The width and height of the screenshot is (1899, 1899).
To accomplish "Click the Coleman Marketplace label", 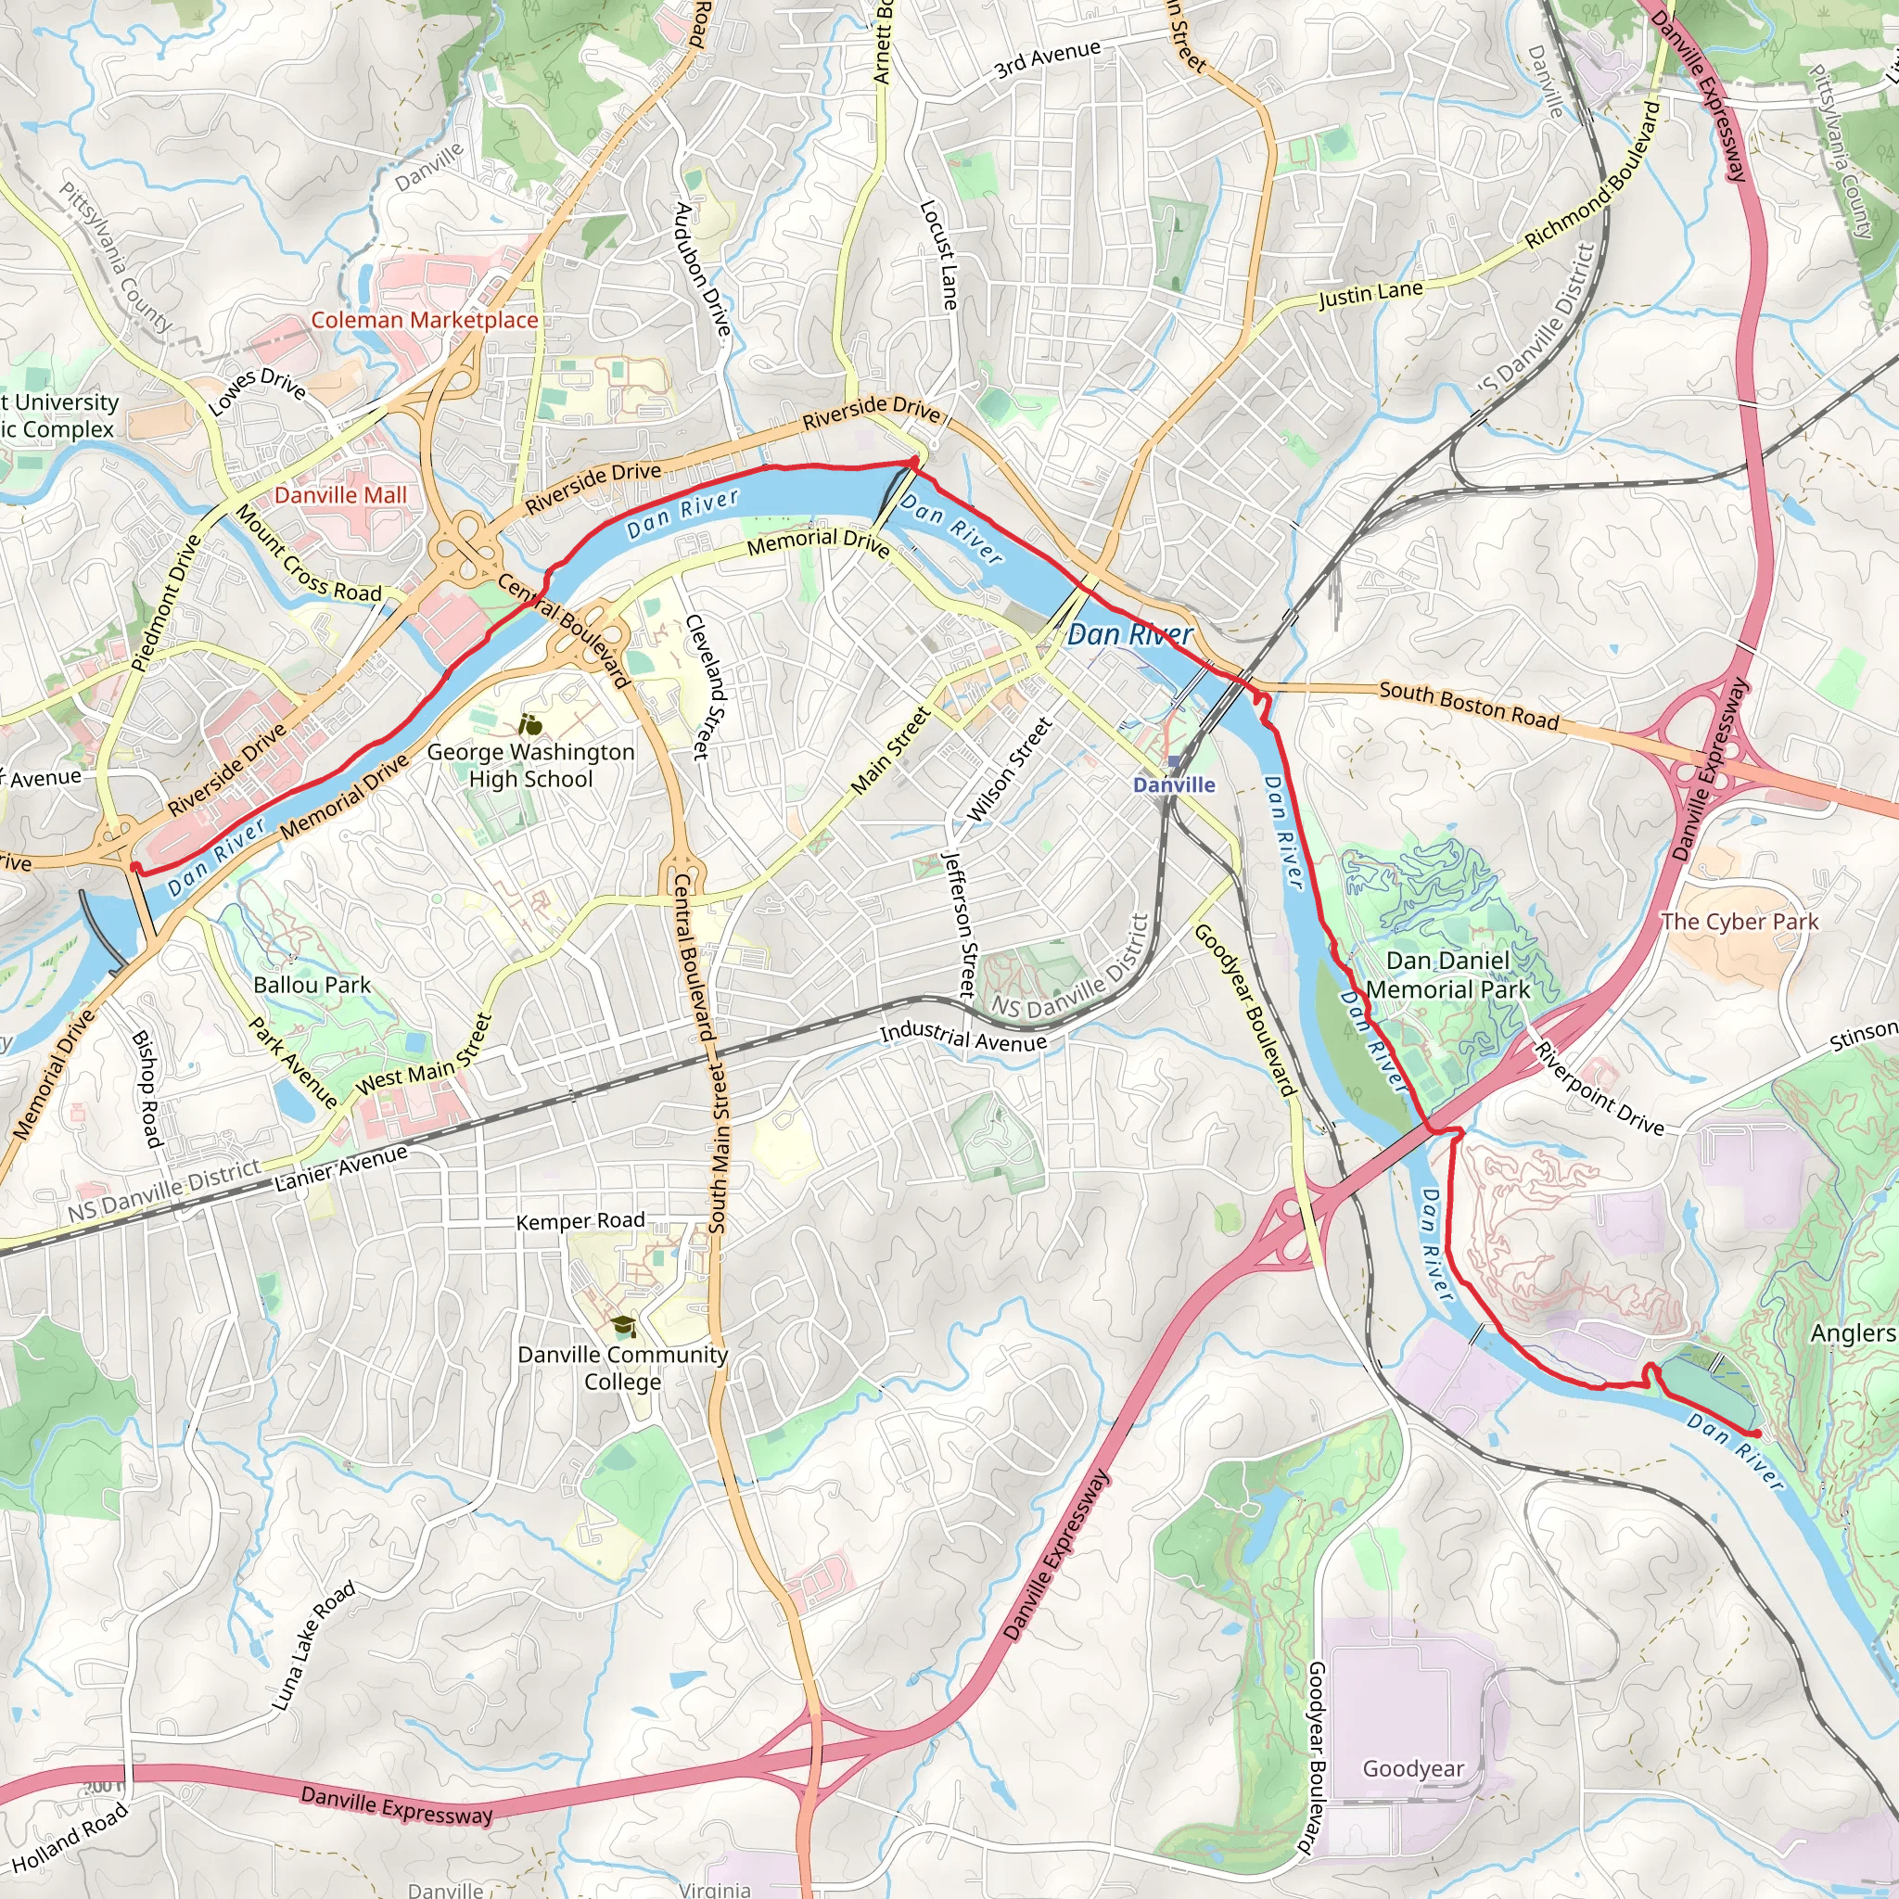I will point(425,321).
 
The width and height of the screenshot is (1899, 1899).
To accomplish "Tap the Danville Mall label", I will point(340,495).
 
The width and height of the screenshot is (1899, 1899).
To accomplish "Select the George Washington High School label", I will point(530,766).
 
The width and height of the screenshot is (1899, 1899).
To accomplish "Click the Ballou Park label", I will point(312,985).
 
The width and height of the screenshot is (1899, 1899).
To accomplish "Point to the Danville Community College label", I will point(622,1369).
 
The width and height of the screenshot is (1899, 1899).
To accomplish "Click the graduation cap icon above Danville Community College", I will point(624,1327).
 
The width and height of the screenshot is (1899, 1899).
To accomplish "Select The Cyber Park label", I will point(1740,922).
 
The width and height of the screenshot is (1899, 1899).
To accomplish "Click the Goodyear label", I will point(1412,1769).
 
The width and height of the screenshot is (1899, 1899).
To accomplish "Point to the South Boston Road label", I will point(1469,706).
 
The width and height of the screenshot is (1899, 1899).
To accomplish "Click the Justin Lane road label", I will point(1370,294).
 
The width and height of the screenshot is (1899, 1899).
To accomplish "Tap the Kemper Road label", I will point(580,1222).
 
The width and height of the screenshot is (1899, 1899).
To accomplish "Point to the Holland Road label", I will point(70,1837).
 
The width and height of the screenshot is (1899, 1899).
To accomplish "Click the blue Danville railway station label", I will point(1174,785).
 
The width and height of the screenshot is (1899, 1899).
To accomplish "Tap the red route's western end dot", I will point(134,867).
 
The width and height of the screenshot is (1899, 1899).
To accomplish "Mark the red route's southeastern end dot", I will point(1756,1435).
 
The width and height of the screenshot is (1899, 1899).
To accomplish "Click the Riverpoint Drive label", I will point(1599,1090).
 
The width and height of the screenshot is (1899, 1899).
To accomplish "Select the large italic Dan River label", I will point(1129,635).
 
